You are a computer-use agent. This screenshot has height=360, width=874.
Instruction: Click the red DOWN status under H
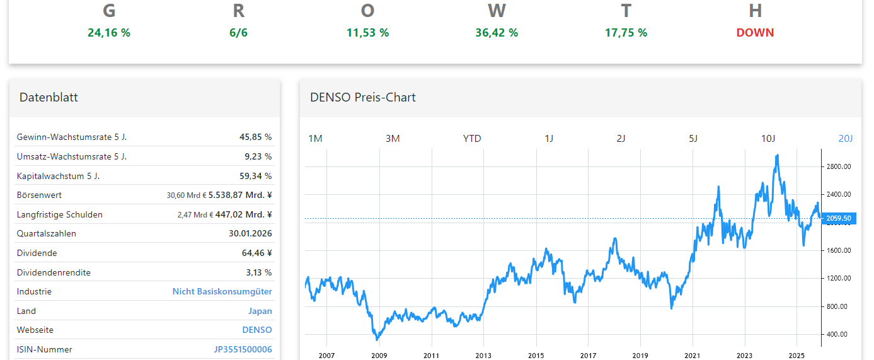755,33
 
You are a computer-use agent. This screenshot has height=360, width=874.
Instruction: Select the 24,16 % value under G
109,33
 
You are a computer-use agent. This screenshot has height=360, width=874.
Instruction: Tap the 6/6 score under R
239,33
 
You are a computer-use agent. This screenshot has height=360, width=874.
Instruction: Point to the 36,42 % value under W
497,33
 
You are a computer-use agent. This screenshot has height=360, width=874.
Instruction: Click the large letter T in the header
626,11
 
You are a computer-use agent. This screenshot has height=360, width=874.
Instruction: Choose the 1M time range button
315,139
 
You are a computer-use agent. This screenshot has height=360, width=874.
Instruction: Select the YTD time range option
472,139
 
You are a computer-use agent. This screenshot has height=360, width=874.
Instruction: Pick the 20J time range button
845,139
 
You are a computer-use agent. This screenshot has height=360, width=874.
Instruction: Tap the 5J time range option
693,139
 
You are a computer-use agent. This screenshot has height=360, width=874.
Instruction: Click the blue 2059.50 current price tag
839,219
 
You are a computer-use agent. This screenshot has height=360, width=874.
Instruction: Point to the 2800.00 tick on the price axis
839,166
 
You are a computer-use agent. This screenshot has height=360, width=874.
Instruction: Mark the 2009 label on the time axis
379,356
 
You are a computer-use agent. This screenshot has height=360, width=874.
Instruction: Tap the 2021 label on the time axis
693,356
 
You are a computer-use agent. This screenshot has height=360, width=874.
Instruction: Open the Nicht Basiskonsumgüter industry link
222,292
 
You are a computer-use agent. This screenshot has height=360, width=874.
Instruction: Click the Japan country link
260,311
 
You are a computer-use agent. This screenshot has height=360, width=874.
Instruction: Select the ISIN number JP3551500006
243,349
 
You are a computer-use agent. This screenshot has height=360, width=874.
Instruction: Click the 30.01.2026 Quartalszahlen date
250,234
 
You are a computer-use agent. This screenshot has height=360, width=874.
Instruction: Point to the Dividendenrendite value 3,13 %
259,272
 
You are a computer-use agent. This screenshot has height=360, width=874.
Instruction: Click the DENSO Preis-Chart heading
363,98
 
